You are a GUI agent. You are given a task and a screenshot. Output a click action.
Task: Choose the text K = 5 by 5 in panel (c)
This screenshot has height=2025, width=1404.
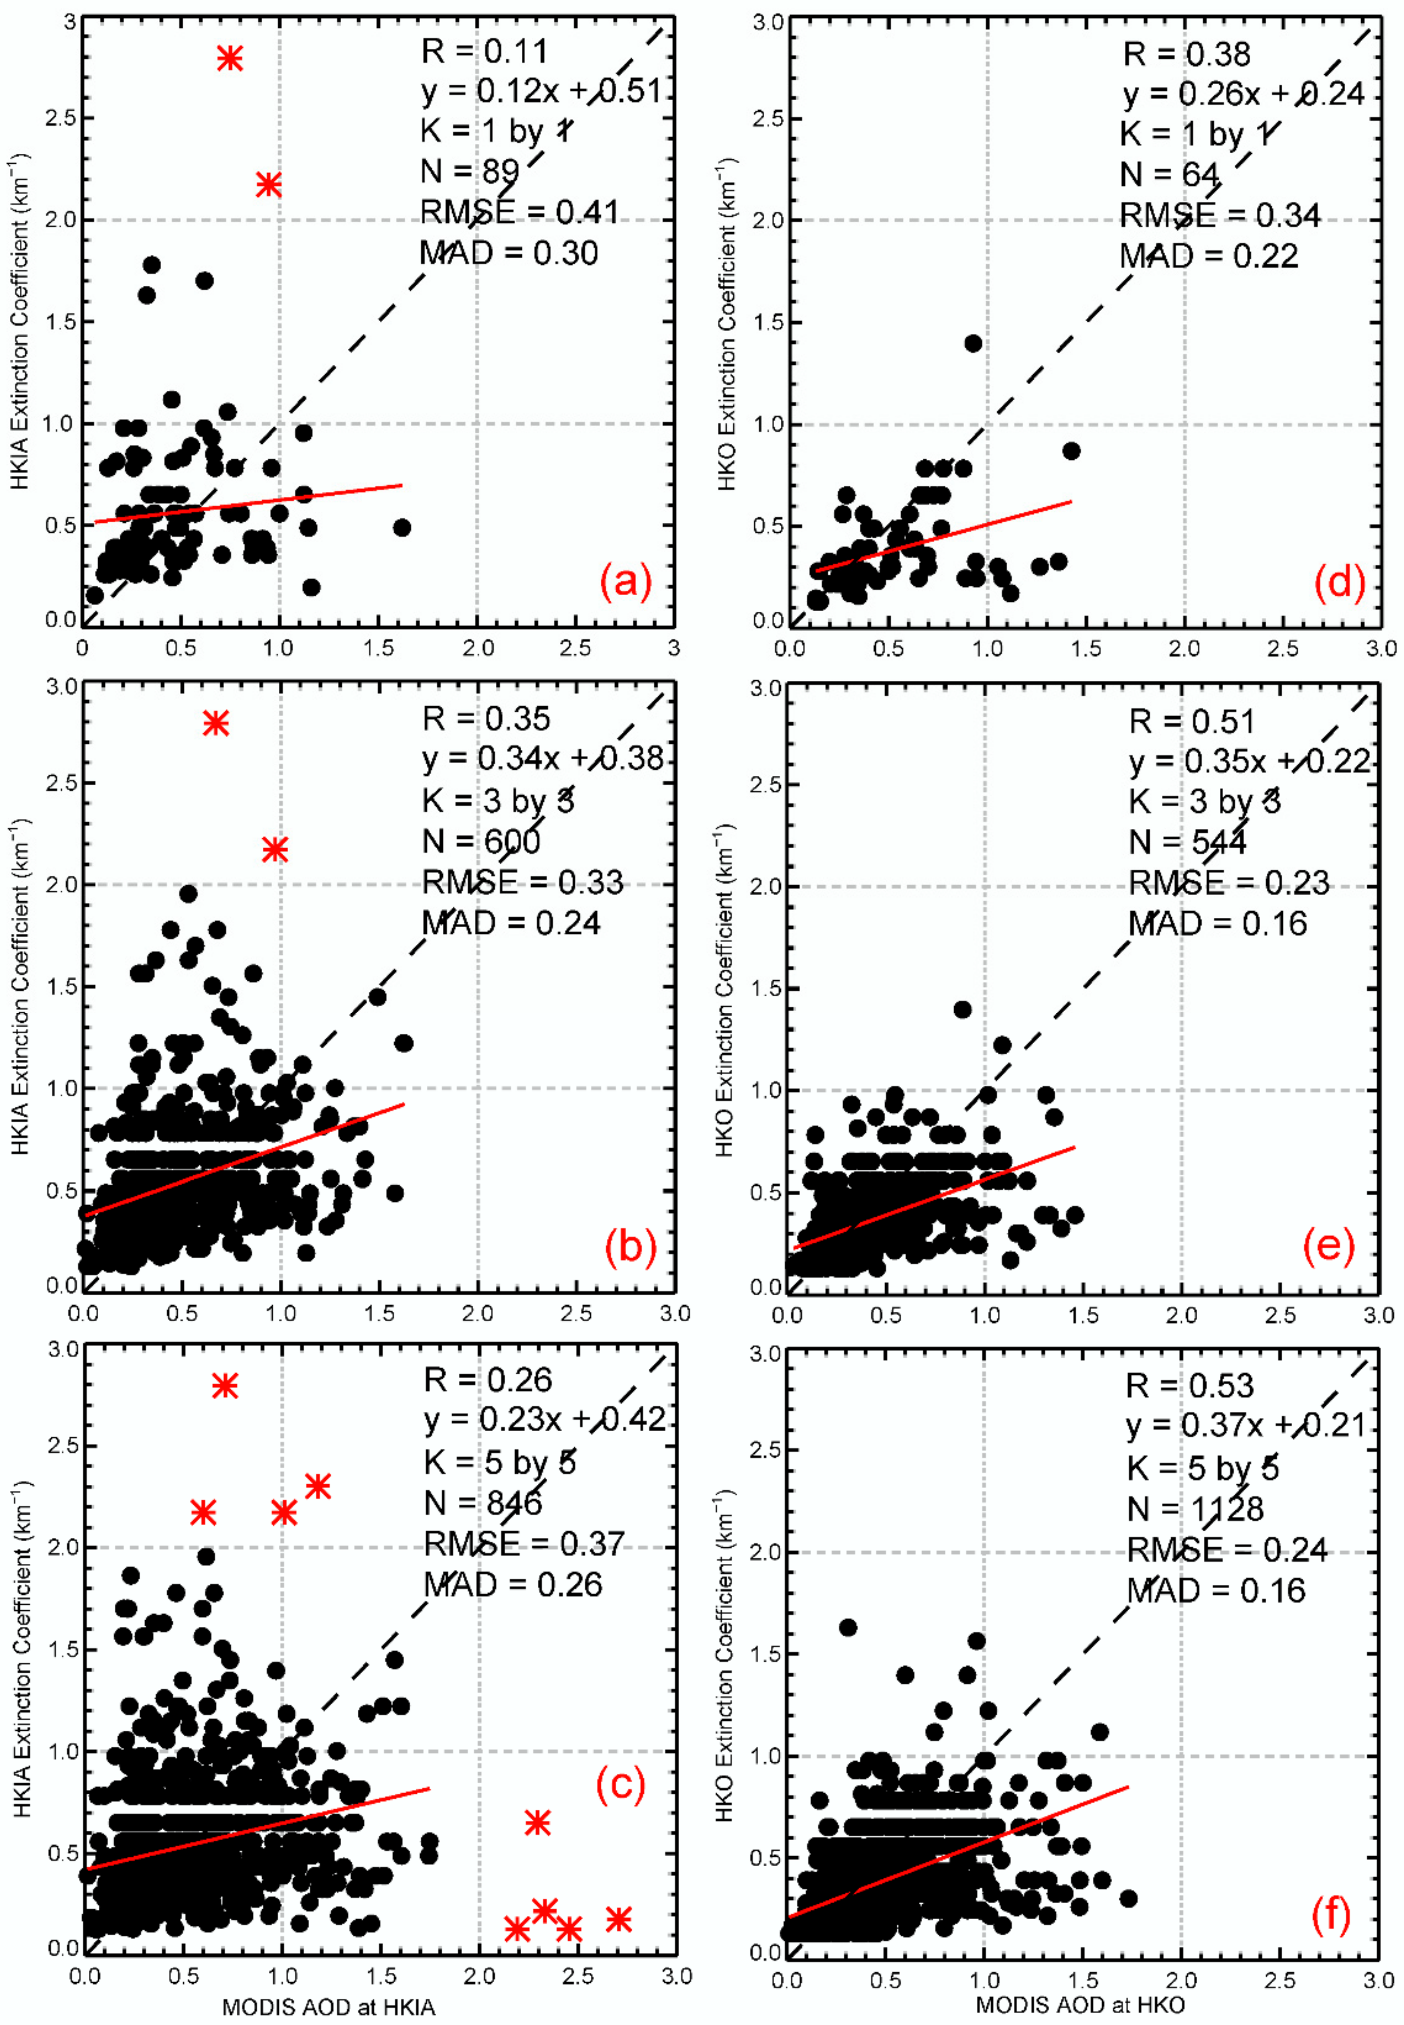coord(500,1462)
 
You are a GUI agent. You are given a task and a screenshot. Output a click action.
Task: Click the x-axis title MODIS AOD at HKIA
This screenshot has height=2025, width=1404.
coord(328,2007)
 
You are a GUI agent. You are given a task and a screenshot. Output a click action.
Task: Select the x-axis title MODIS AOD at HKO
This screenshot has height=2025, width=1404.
coord(1080,2005)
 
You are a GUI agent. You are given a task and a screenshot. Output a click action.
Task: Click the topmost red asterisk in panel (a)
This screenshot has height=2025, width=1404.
coord(229,58)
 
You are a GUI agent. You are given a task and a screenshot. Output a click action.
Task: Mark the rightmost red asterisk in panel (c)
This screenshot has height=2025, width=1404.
coord(619,1919)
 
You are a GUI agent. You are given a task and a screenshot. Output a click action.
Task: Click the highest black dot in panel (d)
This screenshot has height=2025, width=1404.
coord(973,343)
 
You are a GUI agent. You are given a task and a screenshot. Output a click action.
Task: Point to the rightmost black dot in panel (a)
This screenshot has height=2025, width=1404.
coord(402,527)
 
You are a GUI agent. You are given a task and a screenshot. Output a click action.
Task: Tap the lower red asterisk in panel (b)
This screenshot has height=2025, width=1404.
coord(275,849)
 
